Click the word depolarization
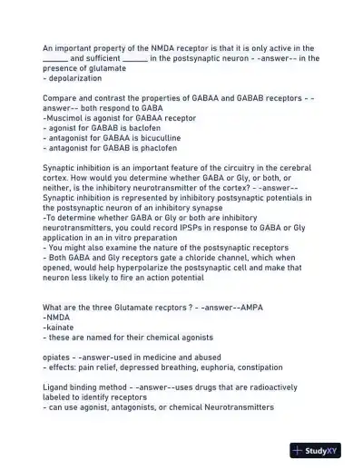pos(74,78)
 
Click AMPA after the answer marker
pos(251,308)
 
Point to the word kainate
pos(61,328)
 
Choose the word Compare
pos(63,97)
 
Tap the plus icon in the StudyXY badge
pos(297,450)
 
